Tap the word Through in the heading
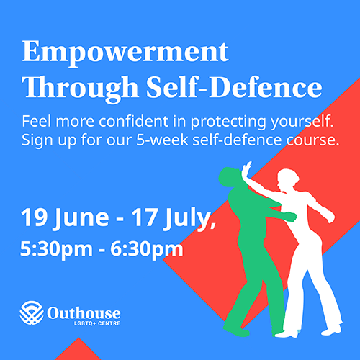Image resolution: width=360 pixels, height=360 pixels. click(81, 89)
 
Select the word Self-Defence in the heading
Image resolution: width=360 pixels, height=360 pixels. click(234, 86)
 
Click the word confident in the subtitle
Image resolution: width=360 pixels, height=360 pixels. click(133, 121)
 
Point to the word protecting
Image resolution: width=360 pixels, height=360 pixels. click(229, 122)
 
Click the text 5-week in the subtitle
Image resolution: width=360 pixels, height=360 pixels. click(162, 140)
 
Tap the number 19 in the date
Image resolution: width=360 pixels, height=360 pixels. click(34, 217)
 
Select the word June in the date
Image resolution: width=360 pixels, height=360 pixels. click(82, 219)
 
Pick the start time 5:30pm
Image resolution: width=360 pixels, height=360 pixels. click(56, 249)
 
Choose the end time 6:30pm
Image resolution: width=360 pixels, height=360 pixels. click(147, 249)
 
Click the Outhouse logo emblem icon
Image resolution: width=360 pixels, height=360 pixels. click(32, 312)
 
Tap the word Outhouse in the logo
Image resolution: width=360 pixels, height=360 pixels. click(84, 313)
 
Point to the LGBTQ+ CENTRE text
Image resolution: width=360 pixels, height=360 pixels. click(97, 323)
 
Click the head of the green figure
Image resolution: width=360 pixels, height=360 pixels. click(230, 177)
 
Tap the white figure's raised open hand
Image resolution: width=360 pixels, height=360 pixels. click(247, 169)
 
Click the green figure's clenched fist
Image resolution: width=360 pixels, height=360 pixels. click(292, 217)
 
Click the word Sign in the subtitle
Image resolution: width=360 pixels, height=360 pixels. click(37, 140)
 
